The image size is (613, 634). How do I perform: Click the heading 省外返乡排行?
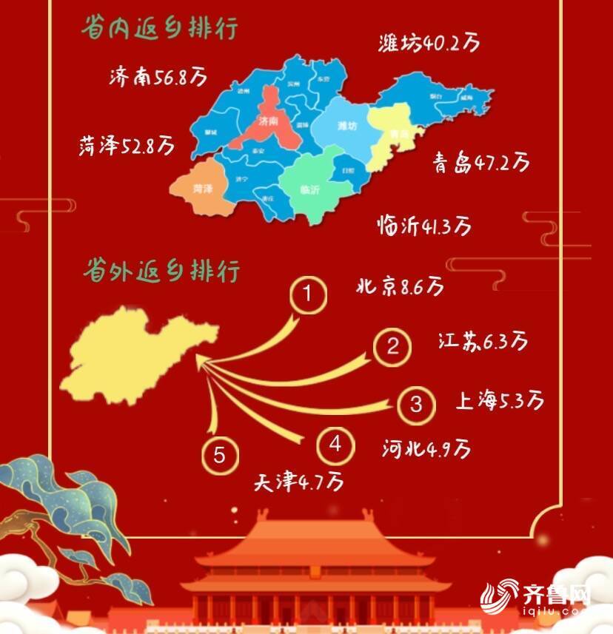[162, 270]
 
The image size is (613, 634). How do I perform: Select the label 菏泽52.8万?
[127, 145]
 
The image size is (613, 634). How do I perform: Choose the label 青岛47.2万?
[482, 161]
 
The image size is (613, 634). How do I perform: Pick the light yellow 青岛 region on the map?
[392, 133]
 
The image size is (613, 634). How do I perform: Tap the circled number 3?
[416, 404]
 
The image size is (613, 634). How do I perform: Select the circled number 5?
[220, 455]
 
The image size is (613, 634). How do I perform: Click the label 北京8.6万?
[400, 285]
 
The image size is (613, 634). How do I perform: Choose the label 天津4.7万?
[299, 482]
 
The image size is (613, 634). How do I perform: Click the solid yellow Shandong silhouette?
[137, 355]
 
